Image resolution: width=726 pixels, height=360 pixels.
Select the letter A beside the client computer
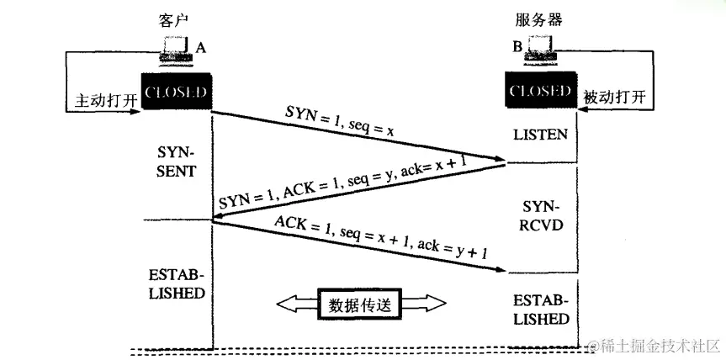click(x=200, y=48)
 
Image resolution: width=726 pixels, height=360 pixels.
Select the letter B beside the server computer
click(x=517, y=48)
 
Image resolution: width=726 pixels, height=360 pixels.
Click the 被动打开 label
click(x=617, y=98)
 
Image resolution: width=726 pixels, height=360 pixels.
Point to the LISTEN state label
click(x=541, y=134)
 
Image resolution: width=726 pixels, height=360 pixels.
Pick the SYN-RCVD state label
click(x=541, y=216)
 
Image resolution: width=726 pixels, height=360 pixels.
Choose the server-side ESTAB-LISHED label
click(x=541, y=310)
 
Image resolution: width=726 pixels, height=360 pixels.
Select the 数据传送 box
click(x=359, y=303)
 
